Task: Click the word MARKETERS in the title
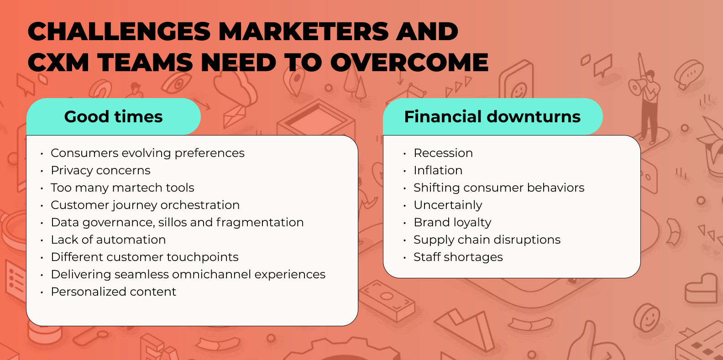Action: click(304, 31)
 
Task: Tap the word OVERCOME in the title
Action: click(409, 62)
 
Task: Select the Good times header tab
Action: click(113, 116)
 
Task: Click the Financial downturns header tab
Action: click(492, 116)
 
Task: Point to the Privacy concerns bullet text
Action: click(100, 170)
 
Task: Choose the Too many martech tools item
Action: click(122, 188)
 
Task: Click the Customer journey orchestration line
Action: click(145, 205)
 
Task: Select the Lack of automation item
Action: click(108, 240)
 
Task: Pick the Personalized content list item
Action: click(113, 292)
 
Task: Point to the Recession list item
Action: click(443, 153)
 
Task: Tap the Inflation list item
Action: click(438, 170)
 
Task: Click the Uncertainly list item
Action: click(448, 205)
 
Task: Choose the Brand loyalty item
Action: click(452, 222)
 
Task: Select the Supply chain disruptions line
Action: click(487, 240)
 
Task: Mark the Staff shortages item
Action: click(458, 257)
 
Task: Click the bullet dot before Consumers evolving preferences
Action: click(42, 154)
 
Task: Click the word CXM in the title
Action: click(58, 62)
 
